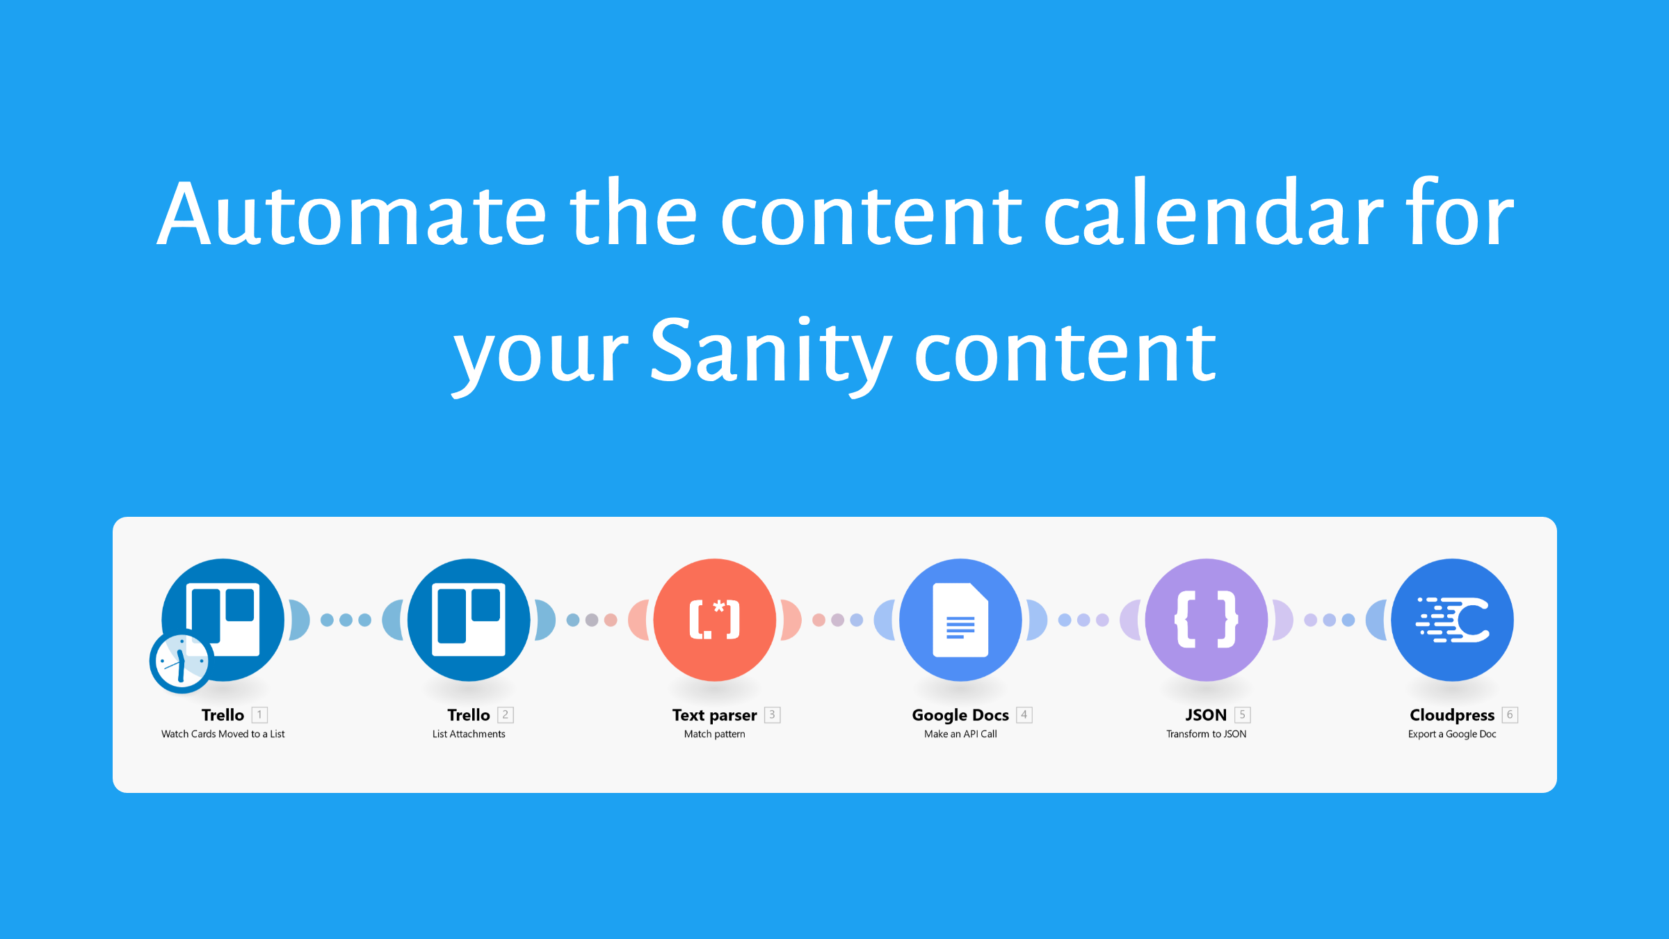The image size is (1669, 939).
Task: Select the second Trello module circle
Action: [469, 620]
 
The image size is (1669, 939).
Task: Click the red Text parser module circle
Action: [715, 620]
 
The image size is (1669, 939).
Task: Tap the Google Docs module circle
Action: [960, 620]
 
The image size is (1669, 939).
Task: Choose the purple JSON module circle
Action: [1207, 620]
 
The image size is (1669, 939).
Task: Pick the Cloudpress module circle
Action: [1452, 620]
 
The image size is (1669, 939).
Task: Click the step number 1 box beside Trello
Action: [259, 714]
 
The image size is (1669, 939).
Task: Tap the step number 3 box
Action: [772, 714]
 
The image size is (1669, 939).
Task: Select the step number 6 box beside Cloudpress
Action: [1510, 714]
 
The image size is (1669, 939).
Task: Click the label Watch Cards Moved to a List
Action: [223, 734]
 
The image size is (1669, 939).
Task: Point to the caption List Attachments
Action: [469, 734]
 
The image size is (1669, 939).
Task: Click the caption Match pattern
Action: [714, 734]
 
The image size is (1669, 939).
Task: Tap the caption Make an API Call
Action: [960, 734]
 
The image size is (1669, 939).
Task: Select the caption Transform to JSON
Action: [1206, 734]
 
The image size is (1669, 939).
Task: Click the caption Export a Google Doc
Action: [1452, 734]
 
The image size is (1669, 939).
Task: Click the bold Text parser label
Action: [714, 715]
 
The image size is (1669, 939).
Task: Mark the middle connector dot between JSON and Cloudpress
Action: [1330, 620]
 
